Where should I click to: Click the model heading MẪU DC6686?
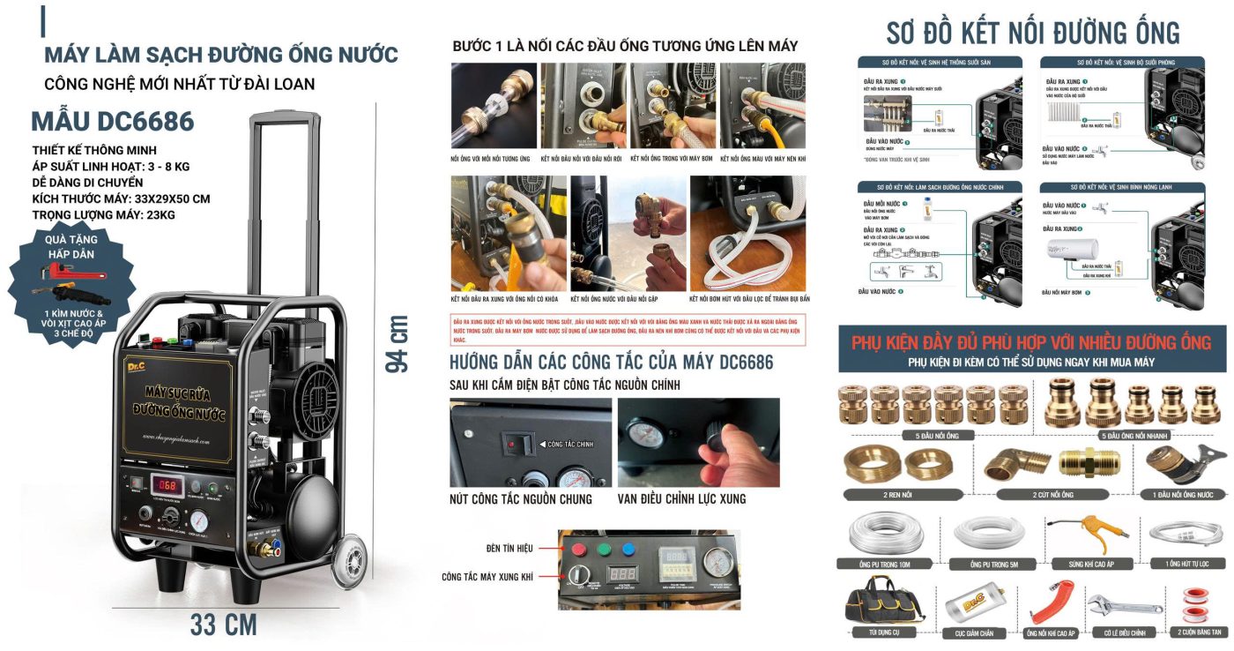point(113,121)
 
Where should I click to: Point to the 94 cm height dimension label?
point(398,343)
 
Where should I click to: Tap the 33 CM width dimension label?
point(223,625)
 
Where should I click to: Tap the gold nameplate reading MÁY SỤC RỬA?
point(180,401)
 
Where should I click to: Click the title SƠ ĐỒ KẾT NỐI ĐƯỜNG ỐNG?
point(1033,33)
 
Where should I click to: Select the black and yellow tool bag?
point(873,604)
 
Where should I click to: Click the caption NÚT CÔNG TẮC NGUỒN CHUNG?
point(520,499)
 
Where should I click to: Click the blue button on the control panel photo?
point(628,547)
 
